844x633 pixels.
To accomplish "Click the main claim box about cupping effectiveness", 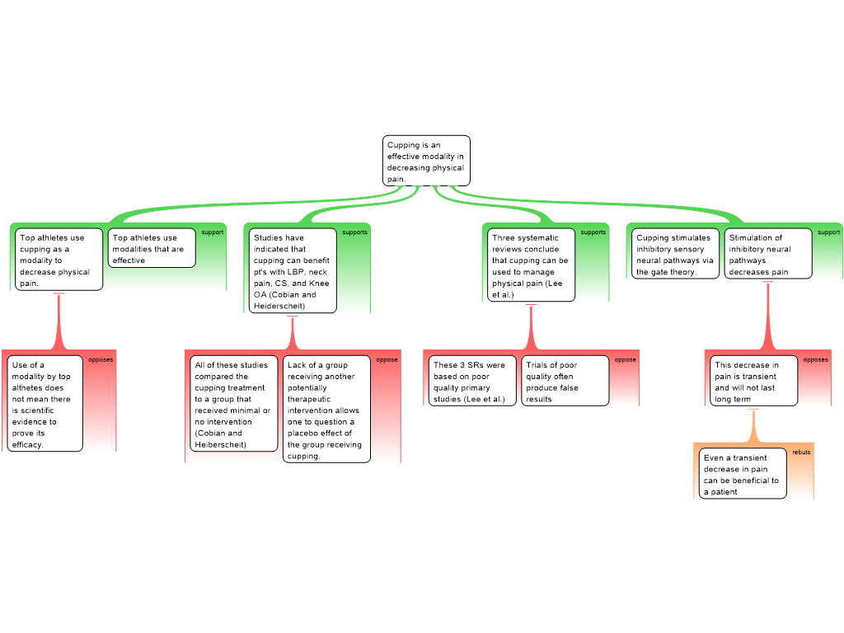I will (426, 161).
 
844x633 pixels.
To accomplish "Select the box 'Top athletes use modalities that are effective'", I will (152, 248).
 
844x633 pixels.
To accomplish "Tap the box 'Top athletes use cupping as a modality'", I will (59, 260).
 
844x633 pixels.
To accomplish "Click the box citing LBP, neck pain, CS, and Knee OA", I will (293, 271).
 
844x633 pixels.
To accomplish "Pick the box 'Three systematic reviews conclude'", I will (531, 265).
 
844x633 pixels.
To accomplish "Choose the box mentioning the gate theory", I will (675, 254).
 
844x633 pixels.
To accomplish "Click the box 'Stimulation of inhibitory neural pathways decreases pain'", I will (767, 254).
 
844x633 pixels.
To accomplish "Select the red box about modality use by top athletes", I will (46, 404).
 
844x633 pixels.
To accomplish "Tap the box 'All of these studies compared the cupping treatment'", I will (234, 404).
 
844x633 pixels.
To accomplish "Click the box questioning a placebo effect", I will (326, 410).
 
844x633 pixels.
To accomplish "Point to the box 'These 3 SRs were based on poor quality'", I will (473, 382).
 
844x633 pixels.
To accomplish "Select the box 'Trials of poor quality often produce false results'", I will (565, 382).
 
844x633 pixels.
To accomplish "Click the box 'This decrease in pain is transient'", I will (754, 381).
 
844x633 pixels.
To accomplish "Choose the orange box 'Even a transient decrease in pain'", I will (743, 474).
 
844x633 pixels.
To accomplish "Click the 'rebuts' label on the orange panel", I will (801, 452).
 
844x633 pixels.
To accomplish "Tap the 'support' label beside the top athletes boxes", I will (213, 232).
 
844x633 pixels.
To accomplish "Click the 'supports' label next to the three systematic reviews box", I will (593, 232).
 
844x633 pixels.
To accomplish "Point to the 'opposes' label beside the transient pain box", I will (816, 359).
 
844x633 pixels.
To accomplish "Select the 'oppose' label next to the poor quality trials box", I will (626, 359).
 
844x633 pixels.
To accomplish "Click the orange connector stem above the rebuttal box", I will (753, 426).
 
